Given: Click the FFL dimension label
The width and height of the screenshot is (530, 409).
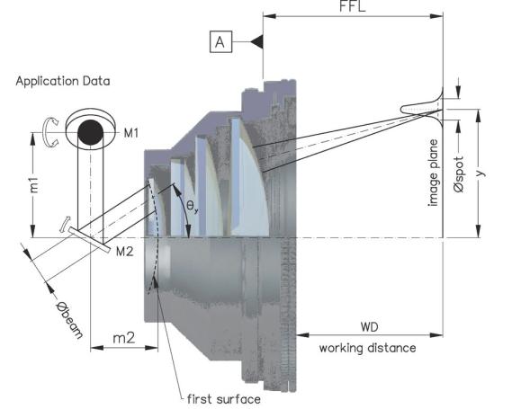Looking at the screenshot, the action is tap(353, 6).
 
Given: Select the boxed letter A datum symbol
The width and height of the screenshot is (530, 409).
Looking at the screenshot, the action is tap(220, 42).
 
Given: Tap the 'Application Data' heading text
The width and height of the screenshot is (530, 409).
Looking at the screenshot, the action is tap(63, 81).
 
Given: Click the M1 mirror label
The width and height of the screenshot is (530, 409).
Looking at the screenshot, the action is tap(130, 133).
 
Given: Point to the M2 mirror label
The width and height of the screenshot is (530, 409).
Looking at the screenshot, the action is tap(124, 252).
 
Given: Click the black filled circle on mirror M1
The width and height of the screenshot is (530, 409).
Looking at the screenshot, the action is tap(90, 132).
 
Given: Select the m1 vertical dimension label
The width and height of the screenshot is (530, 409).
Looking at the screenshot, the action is tap(34, 185).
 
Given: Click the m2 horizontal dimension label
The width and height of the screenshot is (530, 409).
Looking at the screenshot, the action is tap(123, 337).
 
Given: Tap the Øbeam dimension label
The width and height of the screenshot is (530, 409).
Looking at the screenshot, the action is tap(69, 319).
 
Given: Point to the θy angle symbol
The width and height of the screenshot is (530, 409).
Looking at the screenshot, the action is tap(192, 206).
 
